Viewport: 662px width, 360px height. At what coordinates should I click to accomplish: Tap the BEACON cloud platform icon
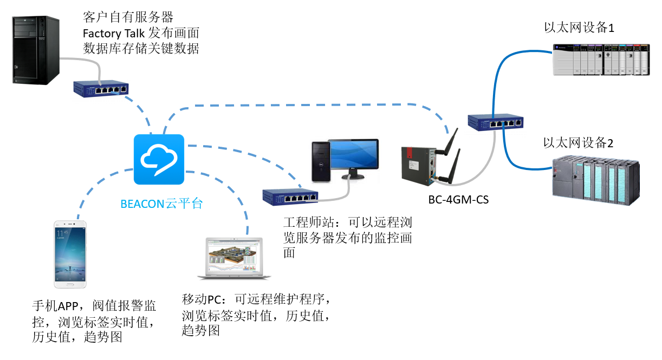pyautogui.click(x=159, y=159)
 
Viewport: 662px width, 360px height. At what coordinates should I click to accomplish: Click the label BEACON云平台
pyautogui.click(x=161, y=204)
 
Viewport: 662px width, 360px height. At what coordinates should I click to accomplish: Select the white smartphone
pyautogui.click(x=70, y=254)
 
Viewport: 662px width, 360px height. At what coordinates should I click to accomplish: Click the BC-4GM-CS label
pyautogui.click(x=458, y=200)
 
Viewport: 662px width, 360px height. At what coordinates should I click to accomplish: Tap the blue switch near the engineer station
pyautogui.click(x=290, y=197)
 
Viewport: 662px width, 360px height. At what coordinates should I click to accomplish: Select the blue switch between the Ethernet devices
pyautogui.click(x=496, y=122)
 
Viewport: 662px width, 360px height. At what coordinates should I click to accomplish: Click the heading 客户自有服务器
pyautogui.click(x=128, y=16)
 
